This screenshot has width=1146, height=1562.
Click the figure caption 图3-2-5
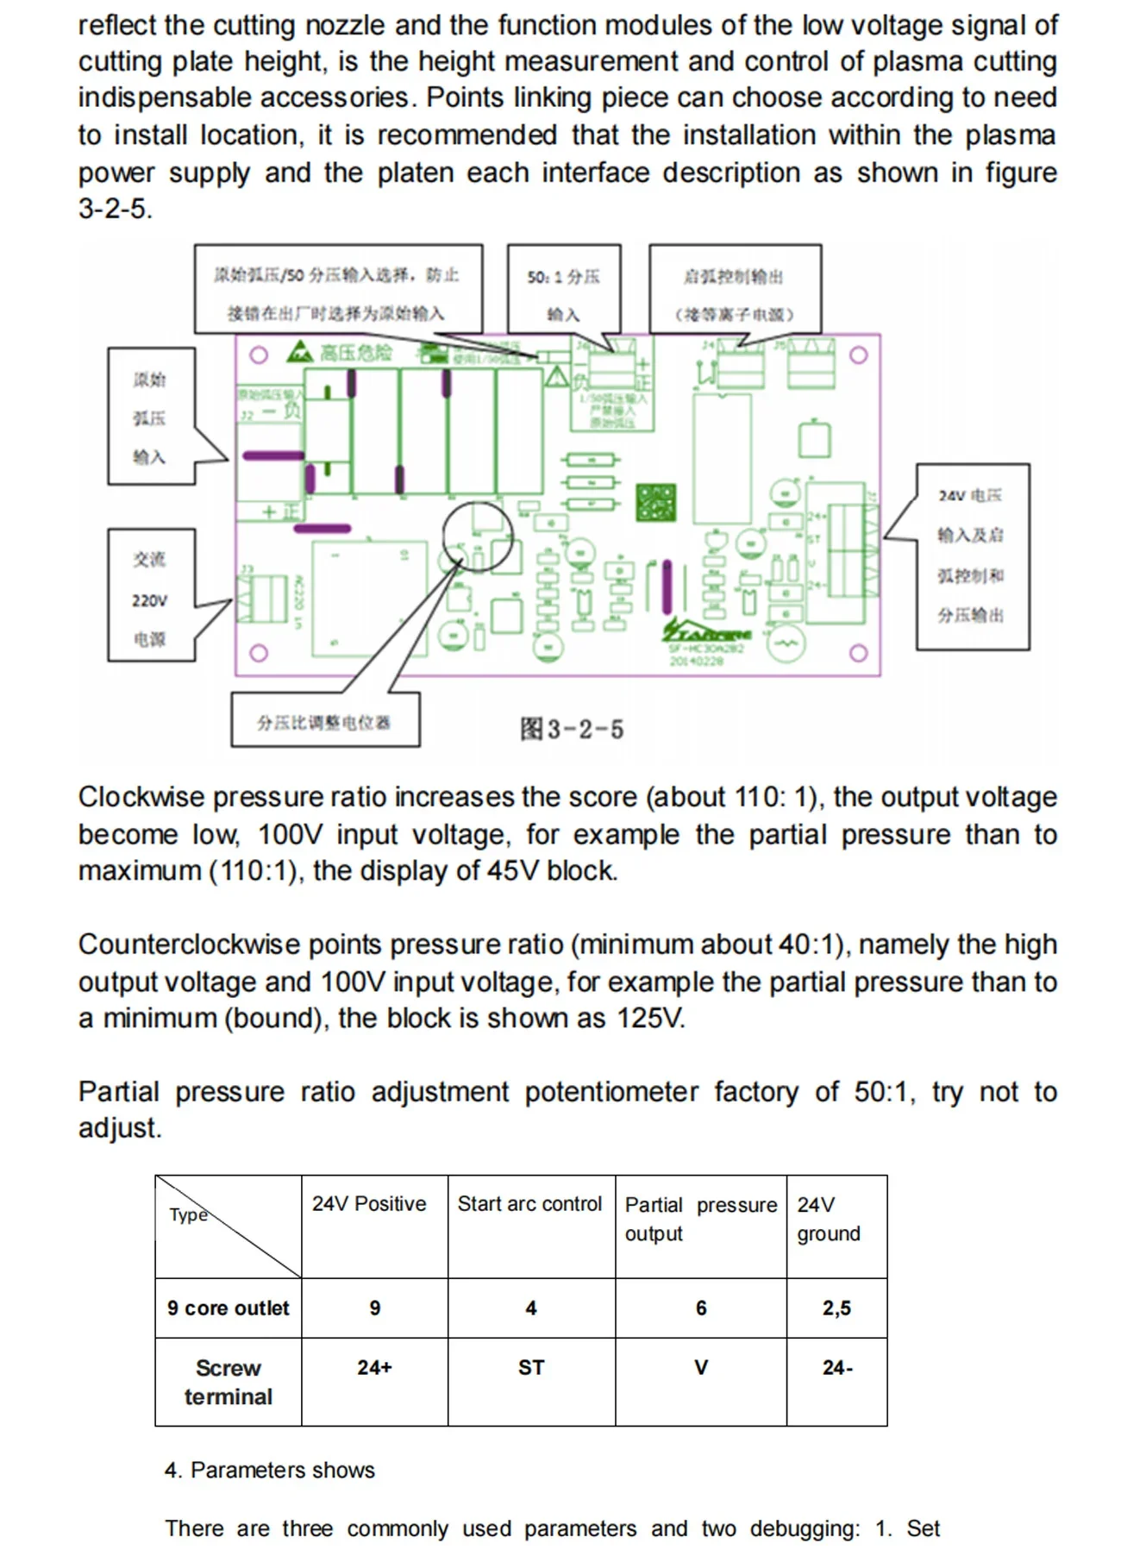tap(571, 729)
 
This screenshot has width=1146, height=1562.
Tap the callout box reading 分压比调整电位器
tap(325, 721)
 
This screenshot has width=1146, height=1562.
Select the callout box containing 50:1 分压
tap(563, 293)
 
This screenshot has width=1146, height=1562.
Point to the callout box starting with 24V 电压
tap(972, 555)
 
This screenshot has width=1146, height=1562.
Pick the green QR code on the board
tap(655, 502)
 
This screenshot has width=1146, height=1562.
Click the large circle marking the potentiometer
tap(478, 536)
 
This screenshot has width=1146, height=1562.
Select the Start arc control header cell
tap(529, 1204)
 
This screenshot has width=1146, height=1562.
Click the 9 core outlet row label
tap(229, 1308)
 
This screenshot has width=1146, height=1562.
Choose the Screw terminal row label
tap(229, 1382)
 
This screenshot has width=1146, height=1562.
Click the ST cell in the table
tap(531, 1368)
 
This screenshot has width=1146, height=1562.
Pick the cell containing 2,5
tap(836, 1308)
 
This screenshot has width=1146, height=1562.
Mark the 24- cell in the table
tap(837, 1368)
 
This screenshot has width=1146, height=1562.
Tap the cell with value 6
tap(701, 1308)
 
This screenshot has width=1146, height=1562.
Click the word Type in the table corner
tap(189, 1215)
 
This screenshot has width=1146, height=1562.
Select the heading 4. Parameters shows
tap(270, 1470)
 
